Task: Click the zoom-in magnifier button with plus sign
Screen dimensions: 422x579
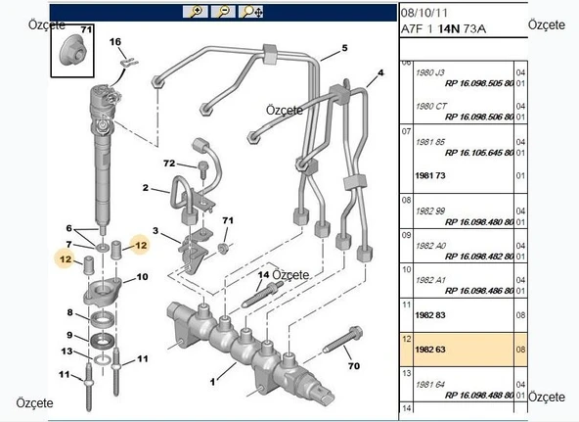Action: [195, 12]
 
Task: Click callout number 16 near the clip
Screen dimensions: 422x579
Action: [114, 42]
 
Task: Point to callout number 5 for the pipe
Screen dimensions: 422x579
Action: [344, 47]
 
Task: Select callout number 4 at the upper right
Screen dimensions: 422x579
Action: [380, 73]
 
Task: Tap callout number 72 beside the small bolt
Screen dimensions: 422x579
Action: [168, 163]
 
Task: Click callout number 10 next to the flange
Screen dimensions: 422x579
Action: [142, 277]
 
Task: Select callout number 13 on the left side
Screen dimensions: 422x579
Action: [67, 352]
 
